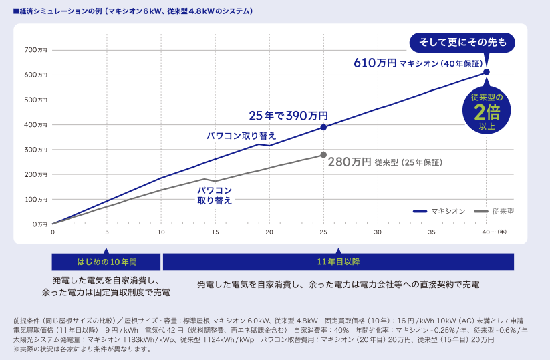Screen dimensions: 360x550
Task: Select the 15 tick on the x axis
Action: coord(215,232)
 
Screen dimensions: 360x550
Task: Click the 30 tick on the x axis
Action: coord(378,232)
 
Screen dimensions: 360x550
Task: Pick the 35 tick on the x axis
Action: coord(432,232)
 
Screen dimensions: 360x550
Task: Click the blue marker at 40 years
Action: coord(487,72)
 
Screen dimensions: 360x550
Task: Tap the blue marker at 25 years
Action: coord(324,127)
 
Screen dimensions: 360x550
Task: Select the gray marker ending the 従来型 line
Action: coord(324,155)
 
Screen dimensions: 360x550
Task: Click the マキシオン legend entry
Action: coord(438,211)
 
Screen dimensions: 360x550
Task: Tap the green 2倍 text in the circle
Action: coord(487,110)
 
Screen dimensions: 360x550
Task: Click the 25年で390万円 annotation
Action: coord(288,116)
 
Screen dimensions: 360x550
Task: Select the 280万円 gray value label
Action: coord(349,162)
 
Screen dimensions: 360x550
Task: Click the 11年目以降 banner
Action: coord(338,261)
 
